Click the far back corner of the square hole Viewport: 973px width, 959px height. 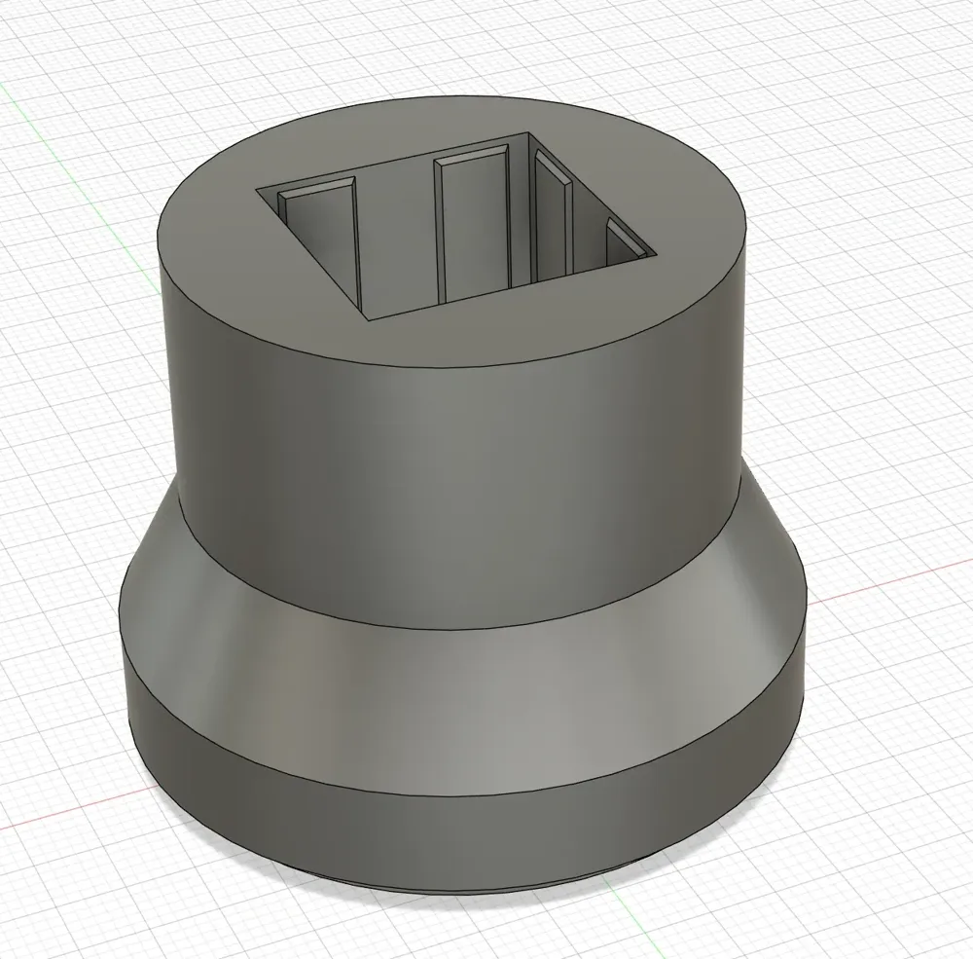click(528, 132)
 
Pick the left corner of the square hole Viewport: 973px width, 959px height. click(257, 189)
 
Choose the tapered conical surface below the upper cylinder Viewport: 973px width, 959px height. click(457, 623)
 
